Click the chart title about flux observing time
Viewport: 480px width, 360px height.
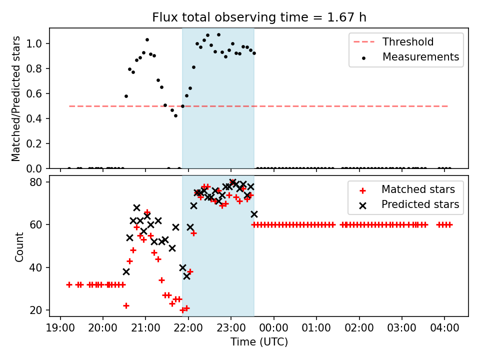click(x=259, y=17)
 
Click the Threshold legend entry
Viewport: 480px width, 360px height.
click(x=408, y=42)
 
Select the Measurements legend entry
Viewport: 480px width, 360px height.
click(x=420, y=57)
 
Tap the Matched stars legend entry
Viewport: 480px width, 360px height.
click(x=418, y=189)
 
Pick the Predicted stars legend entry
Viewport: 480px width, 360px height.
click(x=420, y=204)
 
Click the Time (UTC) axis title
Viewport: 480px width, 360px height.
click(x=259, y=342)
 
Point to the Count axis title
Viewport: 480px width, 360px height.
click(x=19, y=246)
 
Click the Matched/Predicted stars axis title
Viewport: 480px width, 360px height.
click(x=16, y=98)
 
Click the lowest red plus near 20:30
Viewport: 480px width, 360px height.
click(x=126, y=305)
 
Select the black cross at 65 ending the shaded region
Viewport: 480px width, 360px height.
click(x=254, y=214)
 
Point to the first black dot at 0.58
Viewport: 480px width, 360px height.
click(x=126, y=96)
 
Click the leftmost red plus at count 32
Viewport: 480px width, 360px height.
click(x=69, y=284)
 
